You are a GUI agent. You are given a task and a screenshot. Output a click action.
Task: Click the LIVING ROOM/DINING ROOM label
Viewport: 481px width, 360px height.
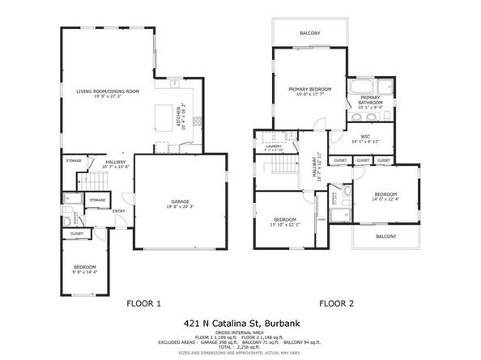click(108, 91)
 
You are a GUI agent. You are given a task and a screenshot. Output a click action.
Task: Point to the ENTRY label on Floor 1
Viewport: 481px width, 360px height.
click(119, 212)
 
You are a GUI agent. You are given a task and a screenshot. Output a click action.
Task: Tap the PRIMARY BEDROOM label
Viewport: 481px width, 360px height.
click(310, 89)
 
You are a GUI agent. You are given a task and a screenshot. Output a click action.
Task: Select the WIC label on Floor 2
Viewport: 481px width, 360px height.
click(365, 136)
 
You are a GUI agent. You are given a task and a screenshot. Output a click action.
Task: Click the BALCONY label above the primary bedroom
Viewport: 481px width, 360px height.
click(309, 32)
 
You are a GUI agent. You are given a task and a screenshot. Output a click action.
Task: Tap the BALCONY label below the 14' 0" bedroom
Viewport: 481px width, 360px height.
click(385, 236)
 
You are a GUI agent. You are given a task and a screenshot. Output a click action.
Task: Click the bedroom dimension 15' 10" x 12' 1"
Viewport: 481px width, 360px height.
click(283, 225)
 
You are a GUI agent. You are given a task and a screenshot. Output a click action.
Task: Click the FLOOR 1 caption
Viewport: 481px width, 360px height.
click(144, 303)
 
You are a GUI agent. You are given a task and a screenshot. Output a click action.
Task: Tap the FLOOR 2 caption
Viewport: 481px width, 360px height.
click(335, 303)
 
